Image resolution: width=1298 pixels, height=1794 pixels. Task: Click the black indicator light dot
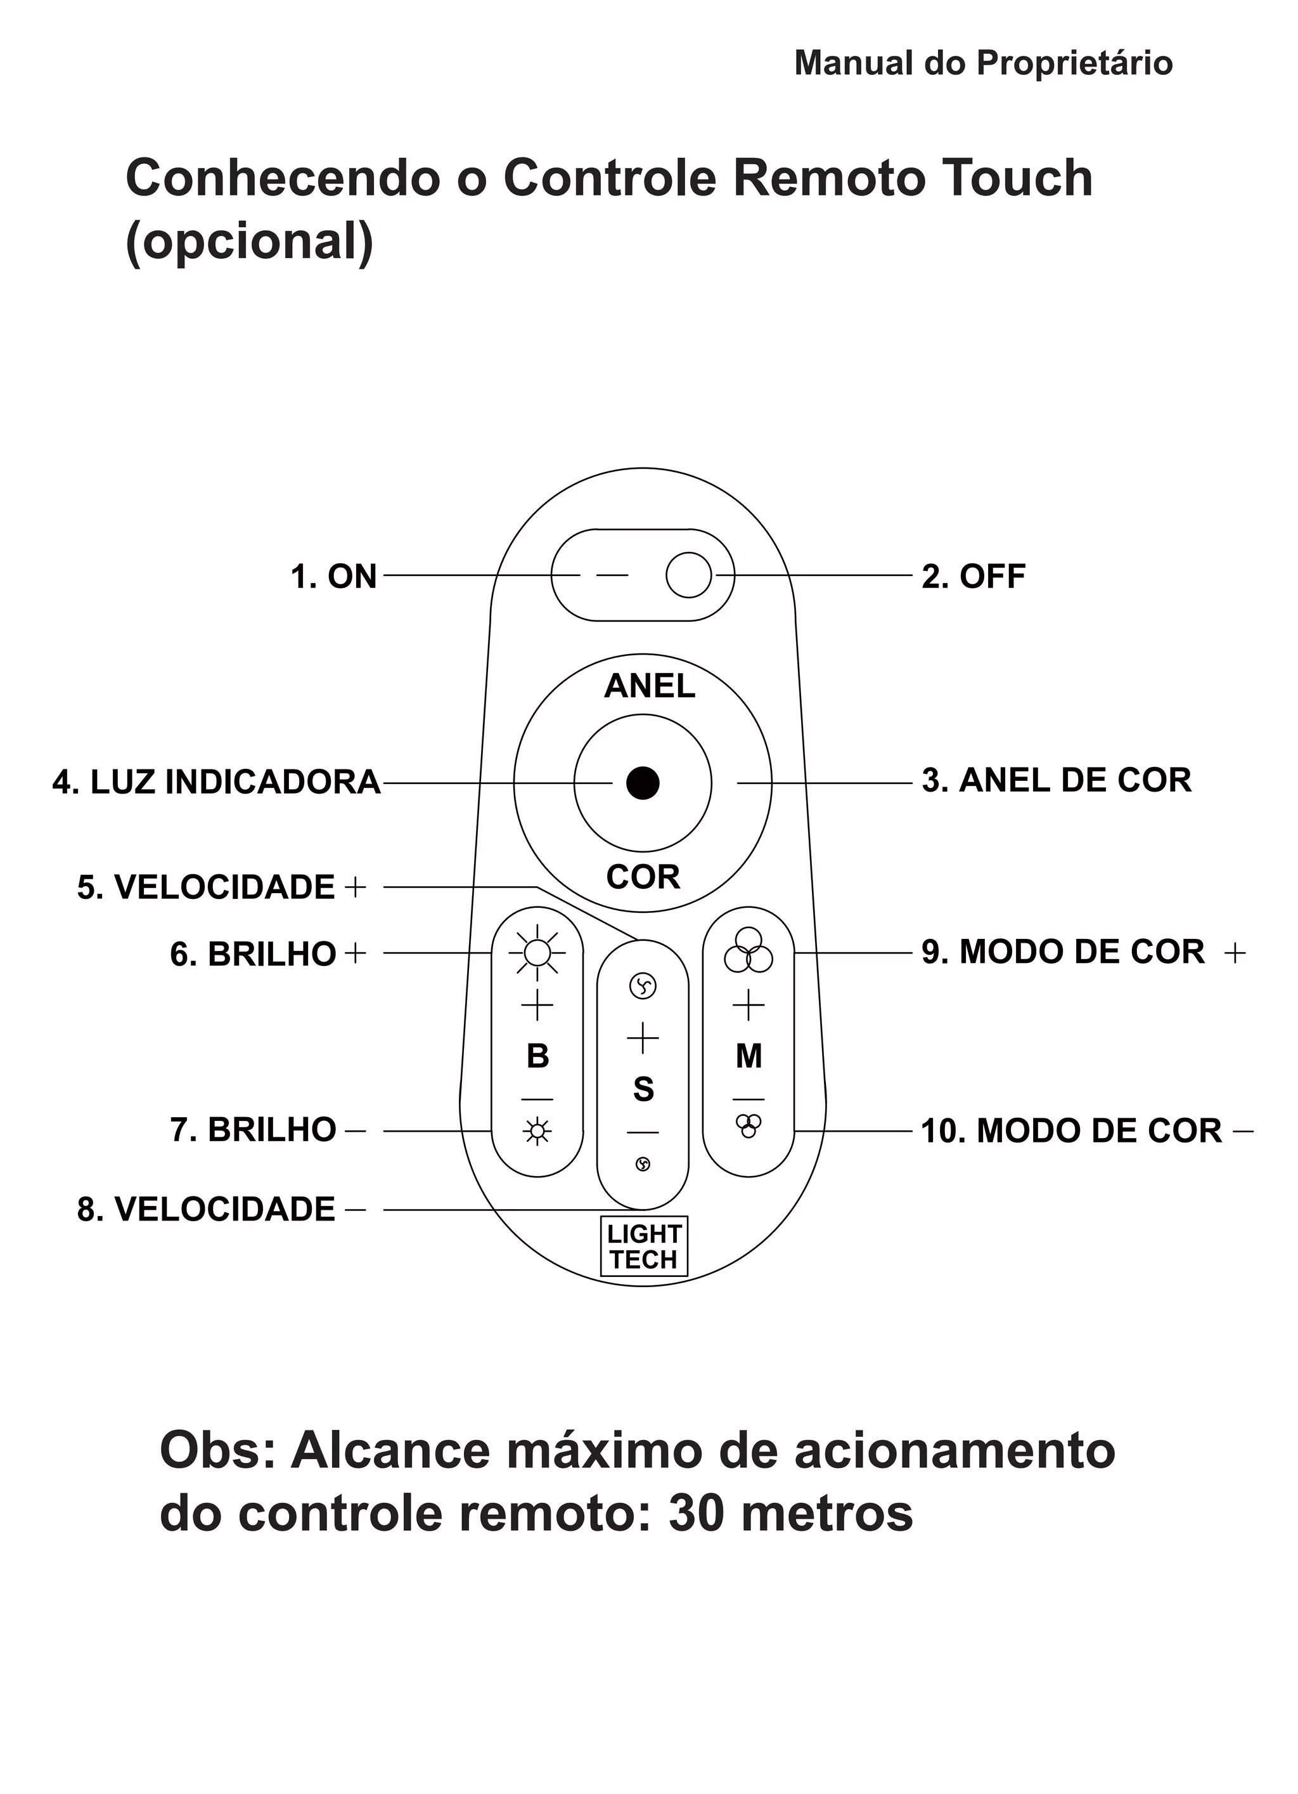[x=643, y=783]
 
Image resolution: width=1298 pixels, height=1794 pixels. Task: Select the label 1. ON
[x=333, y=577]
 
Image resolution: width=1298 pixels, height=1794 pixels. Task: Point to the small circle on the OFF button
[x=688, y=575]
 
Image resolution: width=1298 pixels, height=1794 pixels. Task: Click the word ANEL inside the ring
[x=649, y=686]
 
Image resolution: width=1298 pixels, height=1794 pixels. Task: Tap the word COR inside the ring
[x=643, y=877]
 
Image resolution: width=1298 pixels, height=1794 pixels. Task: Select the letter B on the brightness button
[x=537, y=1056]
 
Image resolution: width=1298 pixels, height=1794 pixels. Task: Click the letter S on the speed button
[x=643, y=1089]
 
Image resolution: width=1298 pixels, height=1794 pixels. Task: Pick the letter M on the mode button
[x=749, y=1056]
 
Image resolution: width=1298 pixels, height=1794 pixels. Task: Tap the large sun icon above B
[x=537, y=953]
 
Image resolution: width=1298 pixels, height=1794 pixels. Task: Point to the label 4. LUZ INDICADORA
[x=217, y=782]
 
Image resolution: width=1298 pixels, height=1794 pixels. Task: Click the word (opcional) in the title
[x=249, y=241]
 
